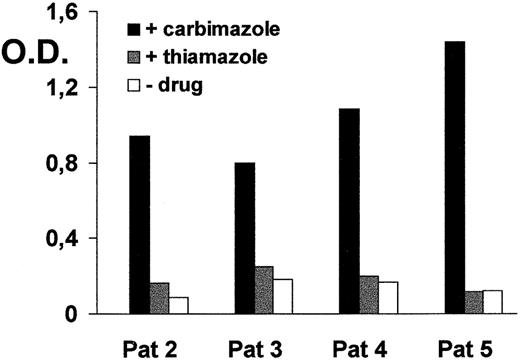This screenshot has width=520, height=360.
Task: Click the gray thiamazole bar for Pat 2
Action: [159, 298]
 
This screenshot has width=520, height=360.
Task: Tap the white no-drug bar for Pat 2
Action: [178, 305]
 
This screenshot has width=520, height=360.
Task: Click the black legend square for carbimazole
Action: [134, 22]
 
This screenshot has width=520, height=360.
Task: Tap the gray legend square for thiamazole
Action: [134, 58]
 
